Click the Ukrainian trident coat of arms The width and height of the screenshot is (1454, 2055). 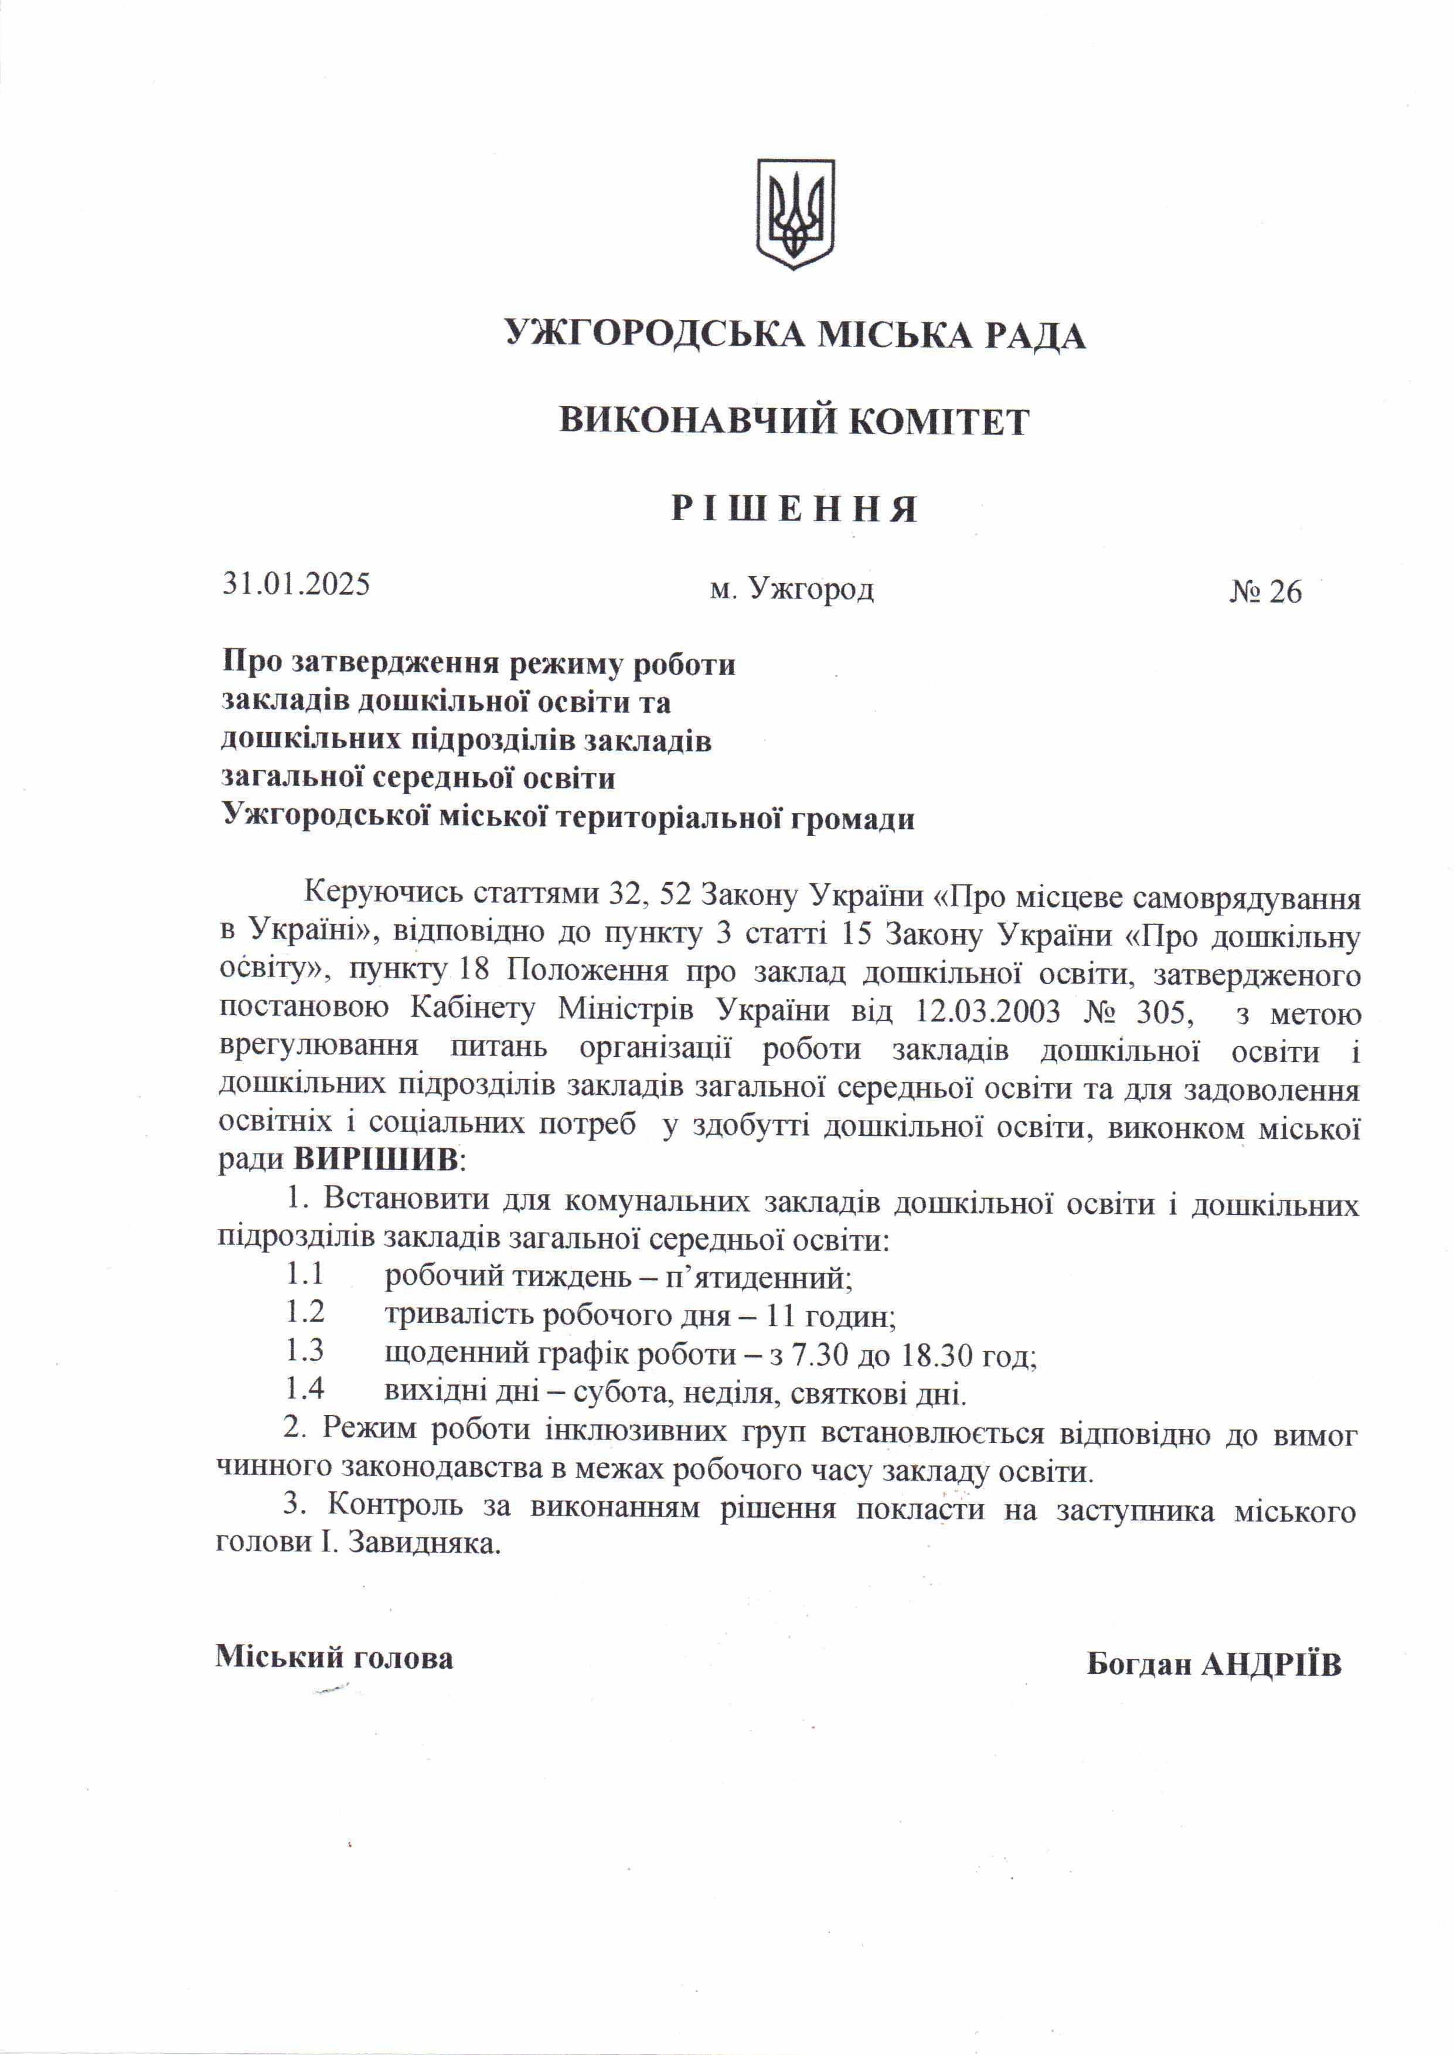click(795, 214)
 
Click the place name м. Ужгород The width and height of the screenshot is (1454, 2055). click(791, 588)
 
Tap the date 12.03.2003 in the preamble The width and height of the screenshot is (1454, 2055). click(988, 1013)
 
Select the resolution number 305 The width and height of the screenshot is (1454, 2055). click(1165, 1013)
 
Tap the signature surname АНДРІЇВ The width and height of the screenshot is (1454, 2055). click(1271, 1663)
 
